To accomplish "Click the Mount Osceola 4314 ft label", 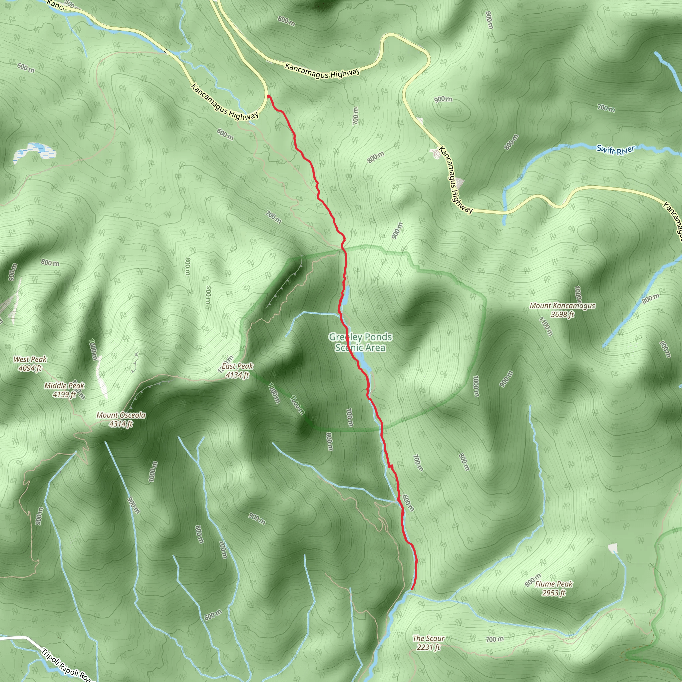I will coord(121,419).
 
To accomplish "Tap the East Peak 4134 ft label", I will coord(237,370).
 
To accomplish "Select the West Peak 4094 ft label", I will coord(30,364).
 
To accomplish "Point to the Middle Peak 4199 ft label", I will coord(64,390).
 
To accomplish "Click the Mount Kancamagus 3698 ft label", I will coord(562,310).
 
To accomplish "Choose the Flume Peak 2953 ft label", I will coord(553,588).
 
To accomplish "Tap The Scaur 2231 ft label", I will coord(428,642).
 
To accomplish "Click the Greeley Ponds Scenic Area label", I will coord(360,342).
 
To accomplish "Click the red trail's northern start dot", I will coord(269,96).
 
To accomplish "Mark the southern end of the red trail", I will coord(412,589).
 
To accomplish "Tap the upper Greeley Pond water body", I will coord(346,296).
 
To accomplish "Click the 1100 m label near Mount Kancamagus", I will coord(546,327).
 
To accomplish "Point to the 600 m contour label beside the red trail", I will coord(408,503).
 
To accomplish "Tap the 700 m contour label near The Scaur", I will coord(494,639).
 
